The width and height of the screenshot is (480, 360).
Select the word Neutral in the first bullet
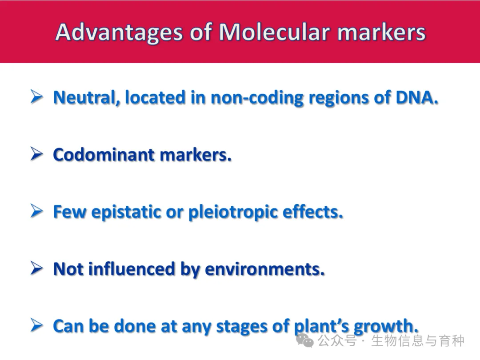(86, 98)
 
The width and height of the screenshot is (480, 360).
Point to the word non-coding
(257, 98)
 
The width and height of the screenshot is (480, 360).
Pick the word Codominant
(104, 155)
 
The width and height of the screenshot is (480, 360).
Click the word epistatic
(126, 212)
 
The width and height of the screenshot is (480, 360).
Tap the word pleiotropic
(233, 212)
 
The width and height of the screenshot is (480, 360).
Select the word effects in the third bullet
(312, 212)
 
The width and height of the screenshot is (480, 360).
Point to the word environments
(264, 269)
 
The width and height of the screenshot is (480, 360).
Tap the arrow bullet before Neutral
(36, 97)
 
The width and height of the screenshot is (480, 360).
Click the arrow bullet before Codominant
(36, 154)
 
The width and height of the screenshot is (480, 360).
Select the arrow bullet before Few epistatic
(36, 211)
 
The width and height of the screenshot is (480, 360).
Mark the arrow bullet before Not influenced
(36, 268)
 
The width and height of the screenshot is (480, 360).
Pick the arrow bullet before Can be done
(36, 325)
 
